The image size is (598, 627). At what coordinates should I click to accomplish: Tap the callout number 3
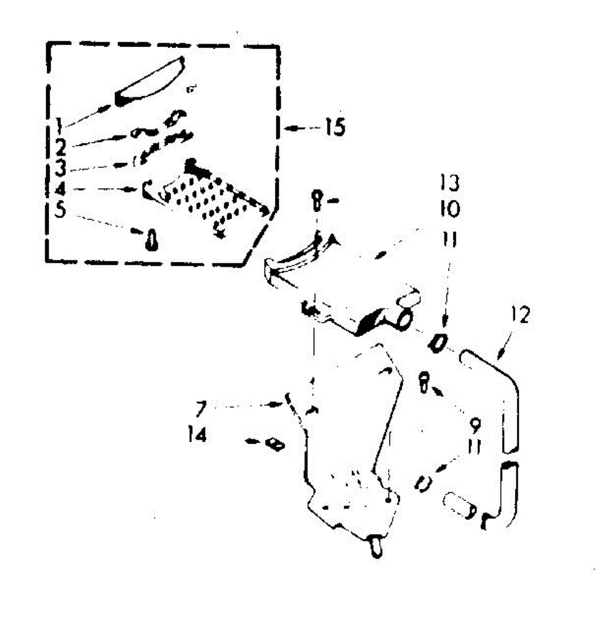pyautogui.click(x=61, y=168)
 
